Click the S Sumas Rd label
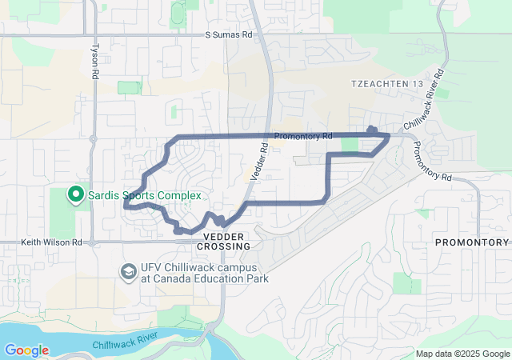point(228,35)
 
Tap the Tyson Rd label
point(96,60)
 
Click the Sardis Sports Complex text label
point(144,195)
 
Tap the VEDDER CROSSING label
point(222,242)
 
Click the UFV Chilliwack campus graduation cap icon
point(128,272)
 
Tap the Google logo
point(26,350)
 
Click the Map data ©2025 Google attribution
point(462,354)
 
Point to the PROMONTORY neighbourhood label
point(472,242)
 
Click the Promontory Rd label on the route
point(302,136)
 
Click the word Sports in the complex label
point(144,195)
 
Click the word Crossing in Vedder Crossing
point(222,247)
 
